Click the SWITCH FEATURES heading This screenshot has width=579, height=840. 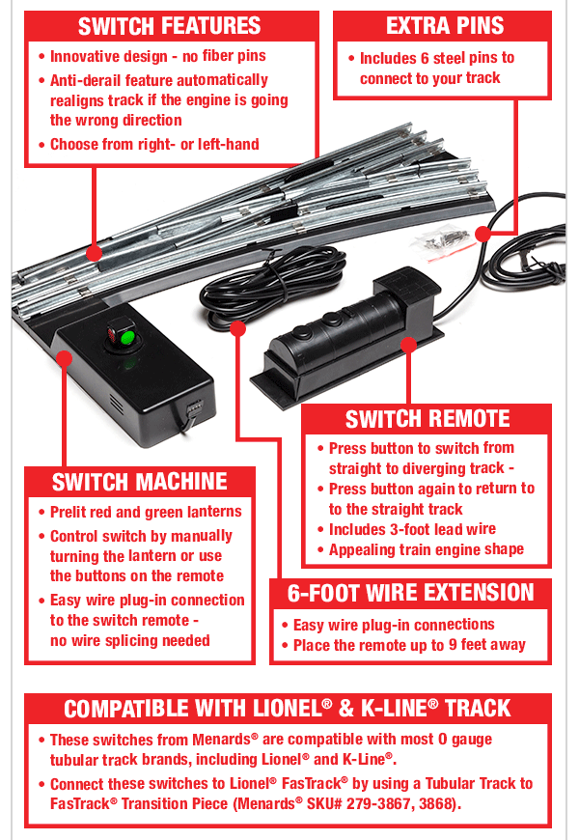(170, 26)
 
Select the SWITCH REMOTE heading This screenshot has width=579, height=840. (427, 418)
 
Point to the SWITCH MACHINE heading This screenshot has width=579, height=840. (140, 482)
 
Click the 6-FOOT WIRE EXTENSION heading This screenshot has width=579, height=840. (410, 592)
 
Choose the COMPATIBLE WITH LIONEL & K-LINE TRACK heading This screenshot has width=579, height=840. (288, 709)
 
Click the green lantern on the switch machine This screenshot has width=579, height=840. (125, 337)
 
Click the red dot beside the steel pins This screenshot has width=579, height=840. (484, 233)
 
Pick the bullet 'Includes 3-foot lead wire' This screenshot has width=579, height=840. (412, 529)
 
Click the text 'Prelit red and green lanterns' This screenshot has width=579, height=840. (146, 512)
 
